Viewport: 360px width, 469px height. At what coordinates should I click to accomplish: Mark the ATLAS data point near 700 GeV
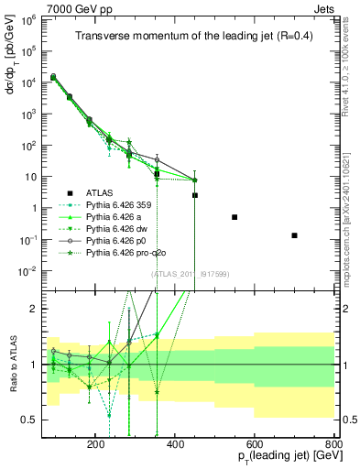coord(294,235)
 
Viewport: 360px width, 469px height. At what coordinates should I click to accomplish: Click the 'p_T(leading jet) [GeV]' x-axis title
coord(279,457)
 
